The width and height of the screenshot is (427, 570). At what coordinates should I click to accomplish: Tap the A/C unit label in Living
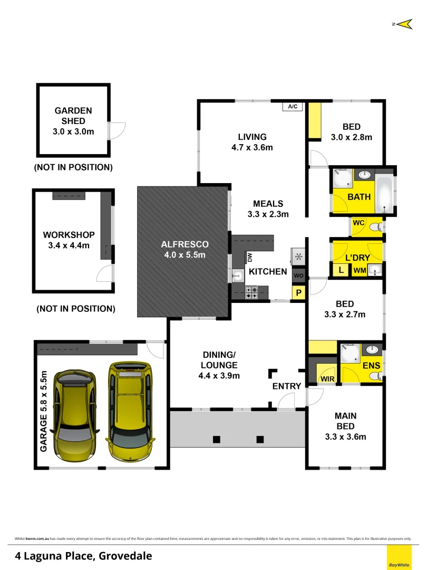tap(293, 107)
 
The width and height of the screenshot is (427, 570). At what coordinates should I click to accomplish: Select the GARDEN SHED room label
tap(73, 116)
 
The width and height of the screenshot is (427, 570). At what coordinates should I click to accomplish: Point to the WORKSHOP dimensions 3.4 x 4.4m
tap(69, 245)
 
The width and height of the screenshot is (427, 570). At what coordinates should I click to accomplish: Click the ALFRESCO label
tap(185, 244)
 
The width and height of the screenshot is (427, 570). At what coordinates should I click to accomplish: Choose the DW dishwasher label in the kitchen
tap(250, 257)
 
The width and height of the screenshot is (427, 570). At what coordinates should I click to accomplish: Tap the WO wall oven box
tap(298, 276)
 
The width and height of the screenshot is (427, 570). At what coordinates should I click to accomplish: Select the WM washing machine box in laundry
tap(360, 271)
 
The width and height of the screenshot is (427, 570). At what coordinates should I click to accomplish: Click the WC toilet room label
tap(358, 223)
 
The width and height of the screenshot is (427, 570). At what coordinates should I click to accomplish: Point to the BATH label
tap(359, 197)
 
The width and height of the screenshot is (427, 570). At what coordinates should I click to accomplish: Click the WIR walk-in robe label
tap(327, 379)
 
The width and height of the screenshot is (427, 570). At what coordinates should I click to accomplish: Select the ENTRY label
tap(287, 386)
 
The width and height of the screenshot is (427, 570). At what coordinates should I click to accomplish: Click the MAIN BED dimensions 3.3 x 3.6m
tap(345, 436)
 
